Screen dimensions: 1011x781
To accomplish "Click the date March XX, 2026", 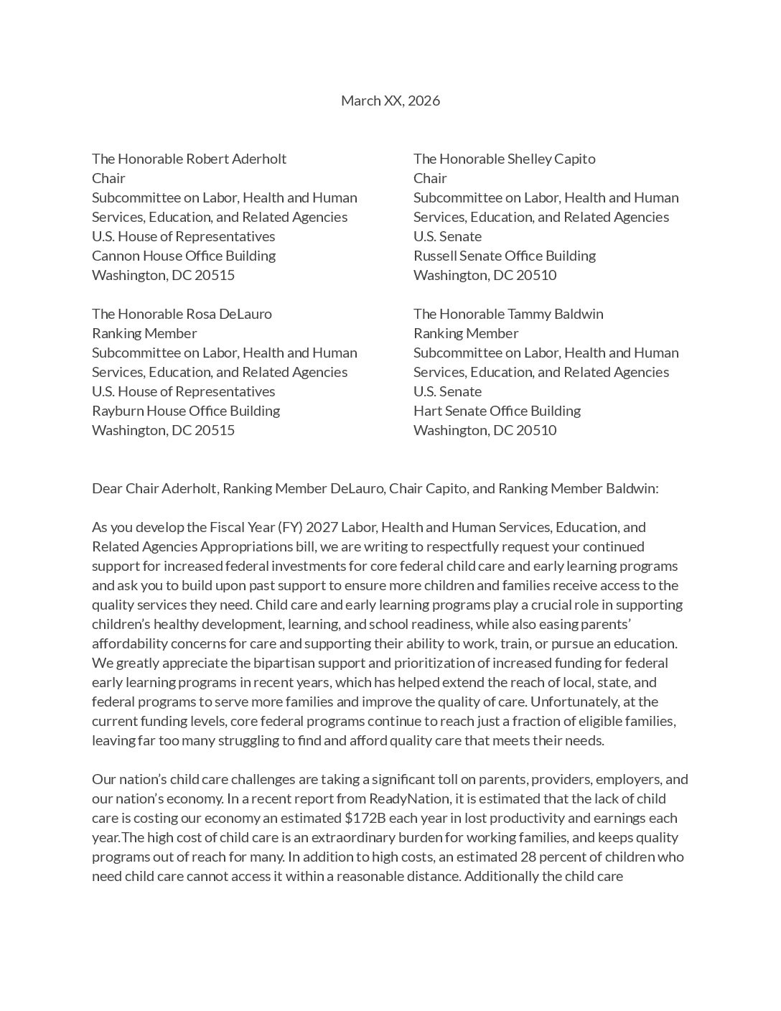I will [390, 101].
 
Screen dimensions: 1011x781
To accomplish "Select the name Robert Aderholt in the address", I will [236, 159].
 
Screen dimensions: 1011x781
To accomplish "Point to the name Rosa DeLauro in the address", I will [229, 314].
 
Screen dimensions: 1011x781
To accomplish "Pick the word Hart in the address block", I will [426, 411].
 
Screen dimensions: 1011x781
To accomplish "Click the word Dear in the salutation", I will [107, 488].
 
